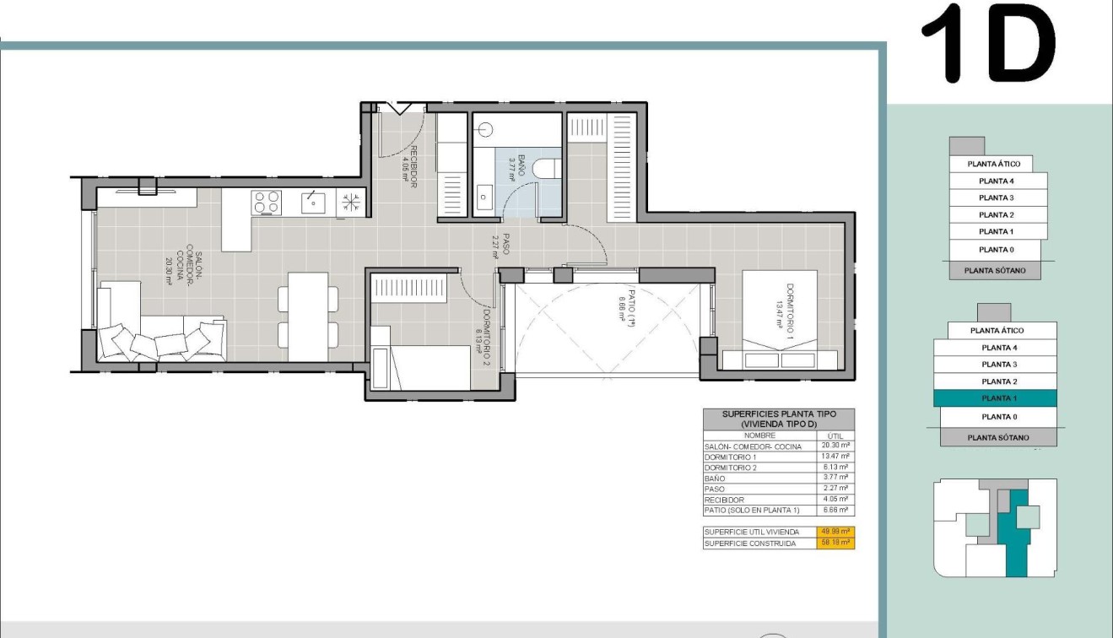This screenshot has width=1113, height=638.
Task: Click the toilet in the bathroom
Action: (x=544, y=167)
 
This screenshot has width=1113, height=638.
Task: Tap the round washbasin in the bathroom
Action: (x=485, y=130)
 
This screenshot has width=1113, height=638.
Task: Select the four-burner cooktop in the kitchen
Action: (x=267, y=202)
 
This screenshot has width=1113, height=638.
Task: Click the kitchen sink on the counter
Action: (x=312, y=201)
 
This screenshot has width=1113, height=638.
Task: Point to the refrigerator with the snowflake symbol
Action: (x=351, y=202)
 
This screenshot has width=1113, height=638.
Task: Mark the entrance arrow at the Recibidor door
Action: (x=397, y=108)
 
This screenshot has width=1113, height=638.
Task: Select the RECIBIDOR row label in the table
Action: (x=725, y=500)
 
